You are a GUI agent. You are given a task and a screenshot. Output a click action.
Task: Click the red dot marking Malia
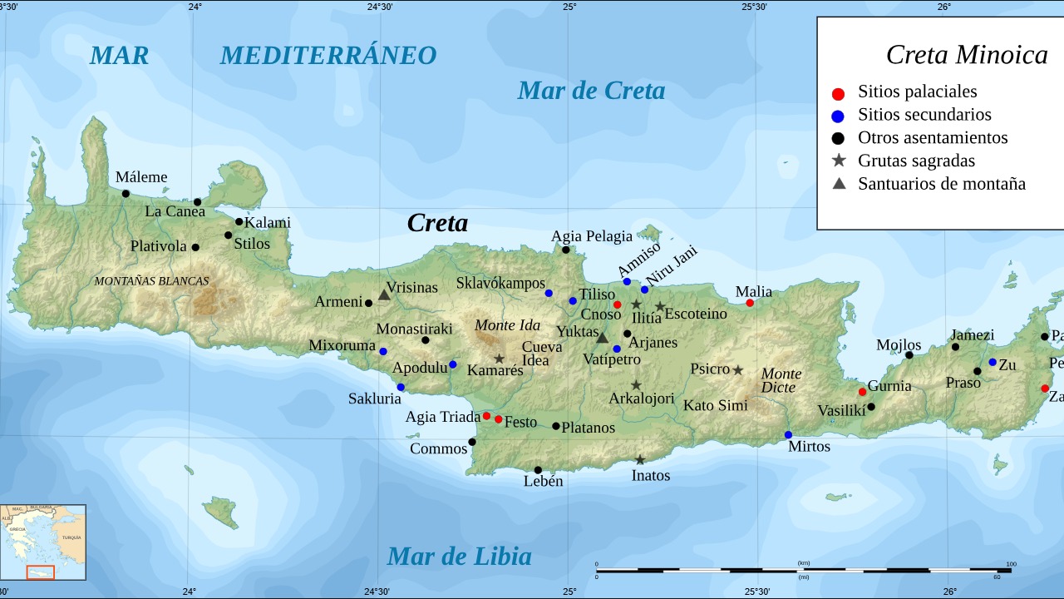[x=750, y=303]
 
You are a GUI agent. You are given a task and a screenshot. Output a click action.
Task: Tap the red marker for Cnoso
[x=618, y=304]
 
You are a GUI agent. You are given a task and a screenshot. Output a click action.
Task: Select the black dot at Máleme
[x=126, y=194]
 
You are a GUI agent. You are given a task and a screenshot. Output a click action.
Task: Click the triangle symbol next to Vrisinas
[x=384, y=295]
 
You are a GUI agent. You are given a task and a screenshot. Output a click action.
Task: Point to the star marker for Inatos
[x=640, y=460]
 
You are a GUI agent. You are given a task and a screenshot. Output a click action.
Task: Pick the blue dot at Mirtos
[x=788, y=435]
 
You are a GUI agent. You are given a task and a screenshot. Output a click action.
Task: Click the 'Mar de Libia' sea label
[x=459, y=556]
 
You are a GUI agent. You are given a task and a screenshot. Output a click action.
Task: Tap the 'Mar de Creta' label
[x=591, y=90]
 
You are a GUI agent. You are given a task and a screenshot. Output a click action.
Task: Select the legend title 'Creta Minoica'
[x=966, y=54]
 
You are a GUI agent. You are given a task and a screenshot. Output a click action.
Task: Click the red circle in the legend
[x=838, y=93]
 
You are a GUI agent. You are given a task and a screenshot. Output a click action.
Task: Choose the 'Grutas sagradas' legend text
[x=916, y=161]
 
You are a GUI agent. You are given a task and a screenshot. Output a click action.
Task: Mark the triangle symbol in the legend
[x=839, y=183]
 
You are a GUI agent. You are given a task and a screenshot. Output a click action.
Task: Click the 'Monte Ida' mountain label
[x=507, y=325]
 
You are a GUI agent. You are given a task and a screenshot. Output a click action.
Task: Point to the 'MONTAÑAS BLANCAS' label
[x=151, y=281]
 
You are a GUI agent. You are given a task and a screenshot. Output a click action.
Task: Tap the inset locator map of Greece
[x=43, y=542]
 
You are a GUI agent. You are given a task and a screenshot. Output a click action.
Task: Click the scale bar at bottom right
[x=803, y=570]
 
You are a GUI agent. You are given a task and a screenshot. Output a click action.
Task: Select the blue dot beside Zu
[x=993, y=362]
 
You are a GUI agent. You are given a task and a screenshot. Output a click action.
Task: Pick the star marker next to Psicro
[x=737, y=370]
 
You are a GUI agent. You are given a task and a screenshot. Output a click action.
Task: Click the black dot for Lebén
[x=538, y=470]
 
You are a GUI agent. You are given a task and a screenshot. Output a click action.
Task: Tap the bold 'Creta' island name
[x=437, y=223]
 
